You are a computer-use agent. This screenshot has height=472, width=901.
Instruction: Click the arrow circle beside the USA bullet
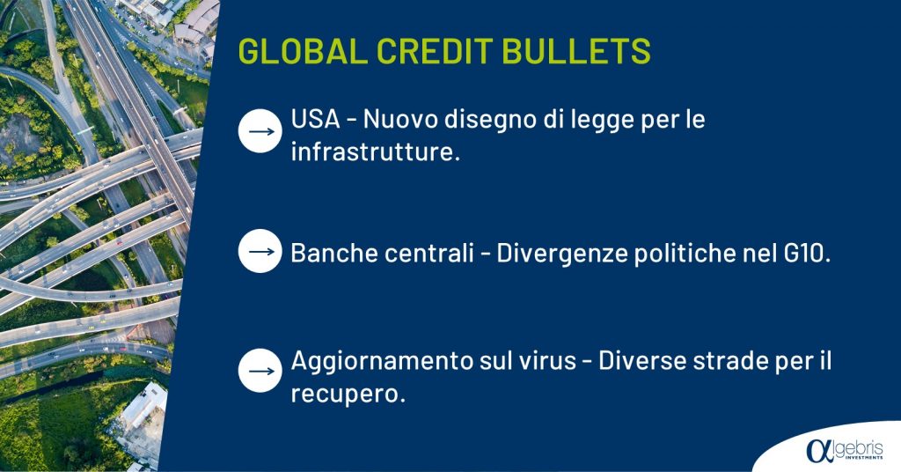click(260, 131)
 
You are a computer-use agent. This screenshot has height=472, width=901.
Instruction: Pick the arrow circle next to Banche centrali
click(260, 251)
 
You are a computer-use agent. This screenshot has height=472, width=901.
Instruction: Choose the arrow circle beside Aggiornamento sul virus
click(260, 371)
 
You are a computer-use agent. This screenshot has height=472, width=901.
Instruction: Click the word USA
click(316, 120)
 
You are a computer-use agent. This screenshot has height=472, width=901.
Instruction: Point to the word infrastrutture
click(376, 152)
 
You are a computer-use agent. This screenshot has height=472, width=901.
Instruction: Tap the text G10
click(808, 253)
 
